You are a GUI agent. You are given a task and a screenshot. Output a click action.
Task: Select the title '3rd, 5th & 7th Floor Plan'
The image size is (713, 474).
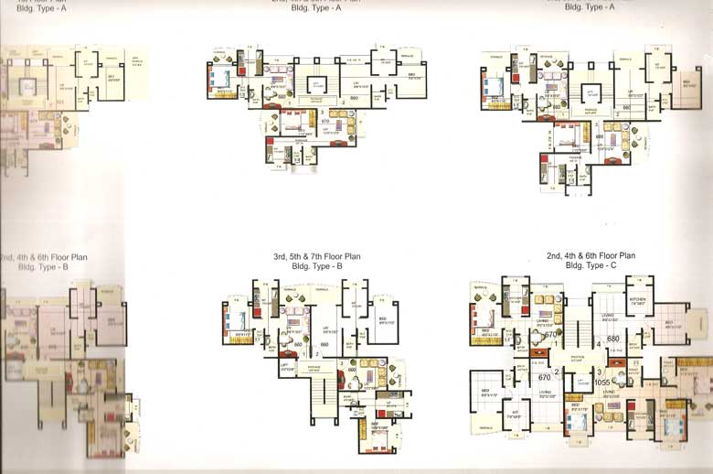pos(317,258)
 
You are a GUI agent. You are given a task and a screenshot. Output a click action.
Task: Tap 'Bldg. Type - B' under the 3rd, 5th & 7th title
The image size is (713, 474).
pos(316,266)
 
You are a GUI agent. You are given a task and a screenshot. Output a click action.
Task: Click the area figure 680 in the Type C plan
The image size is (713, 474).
pos(612,339)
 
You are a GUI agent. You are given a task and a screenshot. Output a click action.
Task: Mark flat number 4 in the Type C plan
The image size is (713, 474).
pos(598,345)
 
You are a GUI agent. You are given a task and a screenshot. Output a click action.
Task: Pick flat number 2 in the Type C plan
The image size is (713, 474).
pos(556,371)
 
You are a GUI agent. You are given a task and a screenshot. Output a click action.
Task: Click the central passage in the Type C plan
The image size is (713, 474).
pos(576,359)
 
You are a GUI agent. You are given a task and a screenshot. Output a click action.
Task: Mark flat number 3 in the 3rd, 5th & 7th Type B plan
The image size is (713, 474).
pos(340,364)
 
